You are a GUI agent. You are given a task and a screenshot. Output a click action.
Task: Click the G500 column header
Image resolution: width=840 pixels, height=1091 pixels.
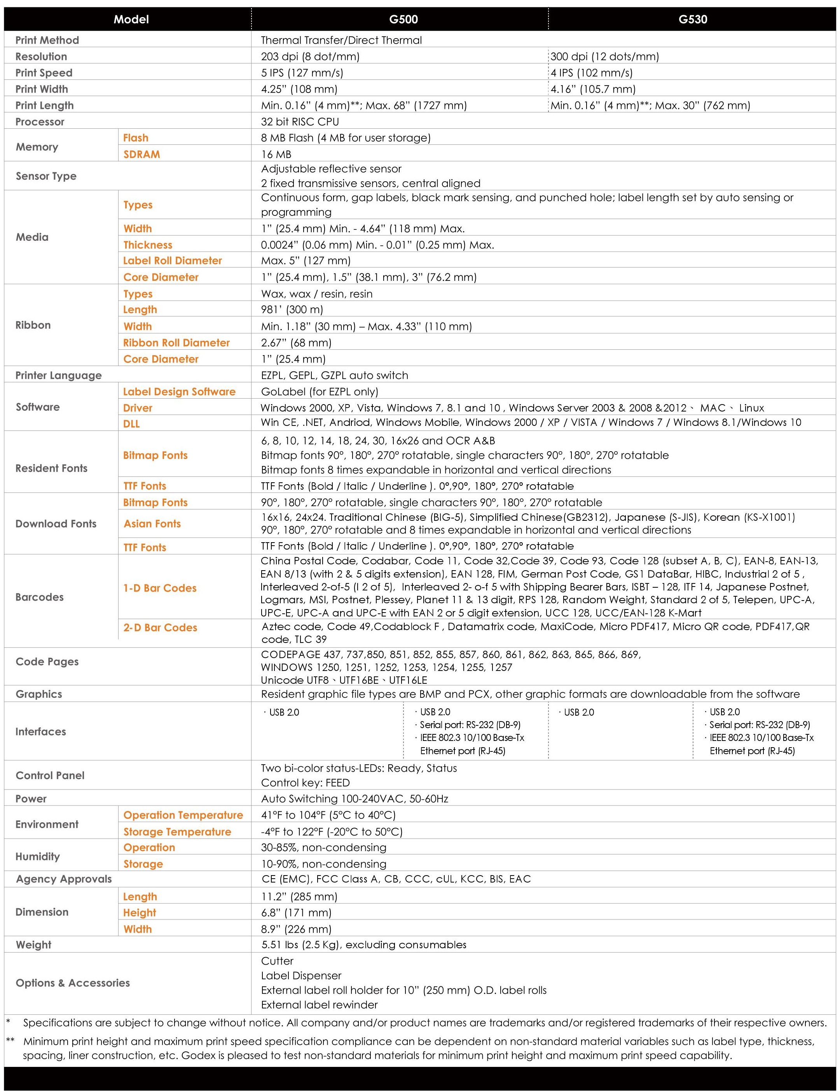(x=403, y=19)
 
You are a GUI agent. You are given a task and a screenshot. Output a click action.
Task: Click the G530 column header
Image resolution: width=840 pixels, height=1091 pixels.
(x=693, y=19)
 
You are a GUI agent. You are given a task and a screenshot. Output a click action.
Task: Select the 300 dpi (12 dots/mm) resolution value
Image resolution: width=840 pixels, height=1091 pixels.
(x=604, y=56)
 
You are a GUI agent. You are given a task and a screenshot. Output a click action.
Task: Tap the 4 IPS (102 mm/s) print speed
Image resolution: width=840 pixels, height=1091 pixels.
(x=592, y=73)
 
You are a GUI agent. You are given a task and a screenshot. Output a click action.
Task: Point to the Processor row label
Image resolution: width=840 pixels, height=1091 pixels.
(x=40, y=122)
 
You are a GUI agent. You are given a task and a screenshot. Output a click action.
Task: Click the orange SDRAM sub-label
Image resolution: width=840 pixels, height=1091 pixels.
(x=142, y=154)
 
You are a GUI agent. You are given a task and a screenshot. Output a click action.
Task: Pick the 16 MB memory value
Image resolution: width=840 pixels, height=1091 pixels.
(x=276, y=154)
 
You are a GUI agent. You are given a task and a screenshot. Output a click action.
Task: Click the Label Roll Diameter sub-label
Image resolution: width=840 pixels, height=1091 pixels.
(x=172, y=261)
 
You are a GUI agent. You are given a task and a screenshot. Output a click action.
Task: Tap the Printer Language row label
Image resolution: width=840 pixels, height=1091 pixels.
(x=58, y=376)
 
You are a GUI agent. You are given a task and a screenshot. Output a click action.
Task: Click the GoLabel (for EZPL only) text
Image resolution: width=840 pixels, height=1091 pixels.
(x=320, y=392)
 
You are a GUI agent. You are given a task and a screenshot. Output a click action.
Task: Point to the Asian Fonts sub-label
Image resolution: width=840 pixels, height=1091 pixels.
(x=152, y=524)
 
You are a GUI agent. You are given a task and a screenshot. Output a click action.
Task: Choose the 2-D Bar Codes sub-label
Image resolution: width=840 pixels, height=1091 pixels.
(x=160, y=628)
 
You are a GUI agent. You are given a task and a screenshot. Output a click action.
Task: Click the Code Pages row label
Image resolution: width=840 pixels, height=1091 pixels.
(x=47, y=662)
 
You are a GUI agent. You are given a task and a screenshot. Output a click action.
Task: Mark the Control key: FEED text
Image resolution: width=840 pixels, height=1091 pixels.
(x=305, y=783)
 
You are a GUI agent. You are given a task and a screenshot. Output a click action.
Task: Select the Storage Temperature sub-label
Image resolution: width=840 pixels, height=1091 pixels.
(x=177, y=832)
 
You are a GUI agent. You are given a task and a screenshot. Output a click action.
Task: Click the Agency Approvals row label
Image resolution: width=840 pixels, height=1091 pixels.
(x=64, y=879)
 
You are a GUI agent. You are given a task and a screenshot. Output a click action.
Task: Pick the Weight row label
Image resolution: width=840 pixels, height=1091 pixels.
(x=33, y=945)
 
